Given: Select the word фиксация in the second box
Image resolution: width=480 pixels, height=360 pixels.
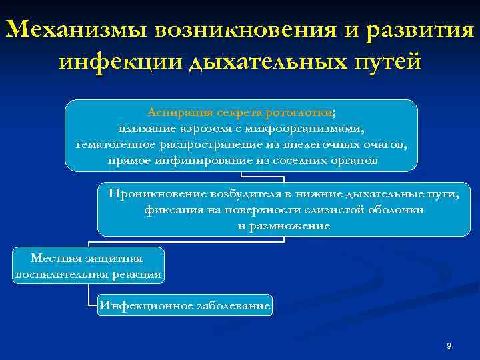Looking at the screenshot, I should [x=167, y=209].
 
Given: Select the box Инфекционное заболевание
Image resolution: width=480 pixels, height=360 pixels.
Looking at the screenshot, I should [x=185, y=306].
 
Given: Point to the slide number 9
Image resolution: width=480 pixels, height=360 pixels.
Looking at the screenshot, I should [x=449, y=346].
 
